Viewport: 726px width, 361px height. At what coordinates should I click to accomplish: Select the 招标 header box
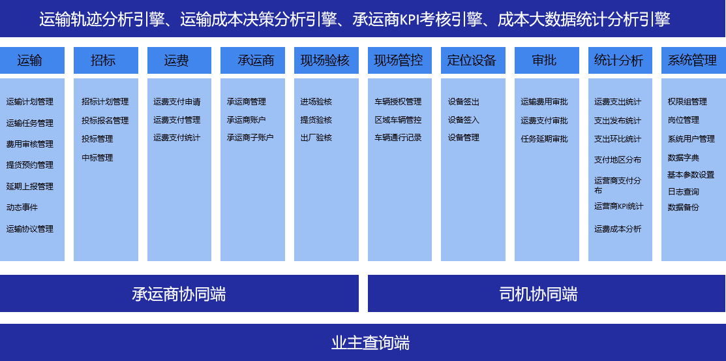[106, 60]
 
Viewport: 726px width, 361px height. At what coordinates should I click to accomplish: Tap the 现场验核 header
[326, 60]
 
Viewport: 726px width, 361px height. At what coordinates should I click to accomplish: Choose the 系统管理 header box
[693, 60]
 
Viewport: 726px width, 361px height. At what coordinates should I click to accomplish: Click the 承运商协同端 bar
[179, 293]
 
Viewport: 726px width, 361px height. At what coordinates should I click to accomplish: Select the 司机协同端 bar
[547, 293]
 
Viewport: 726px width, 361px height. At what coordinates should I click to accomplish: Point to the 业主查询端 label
[371, 343]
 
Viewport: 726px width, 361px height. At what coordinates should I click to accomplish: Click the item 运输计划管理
[29, 102]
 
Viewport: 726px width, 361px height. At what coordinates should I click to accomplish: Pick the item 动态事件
[22, 207]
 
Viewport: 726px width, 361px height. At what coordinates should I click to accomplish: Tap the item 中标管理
[97, 157]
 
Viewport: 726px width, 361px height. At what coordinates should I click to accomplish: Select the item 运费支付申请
[177, 102]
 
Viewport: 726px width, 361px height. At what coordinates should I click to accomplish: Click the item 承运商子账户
[250, 138]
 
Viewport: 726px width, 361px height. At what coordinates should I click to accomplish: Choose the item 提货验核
[316, 120]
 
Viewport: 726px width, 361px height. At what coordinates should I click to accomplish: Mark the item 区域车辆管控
[398, 120]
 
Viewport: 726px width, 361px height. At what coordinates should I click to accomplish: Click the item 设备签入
[464, 120]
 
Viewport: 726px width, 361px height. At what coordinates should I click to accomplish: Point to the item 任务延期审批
[544, 139]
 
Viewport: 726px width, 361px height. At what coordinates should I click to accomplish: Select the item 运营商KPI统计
[618, 206]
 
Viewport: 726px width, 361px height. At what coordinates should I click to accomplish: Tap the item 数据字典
[684, 158]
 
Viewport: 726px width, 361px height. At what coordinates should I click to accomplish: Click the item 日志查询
[684, 192]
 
